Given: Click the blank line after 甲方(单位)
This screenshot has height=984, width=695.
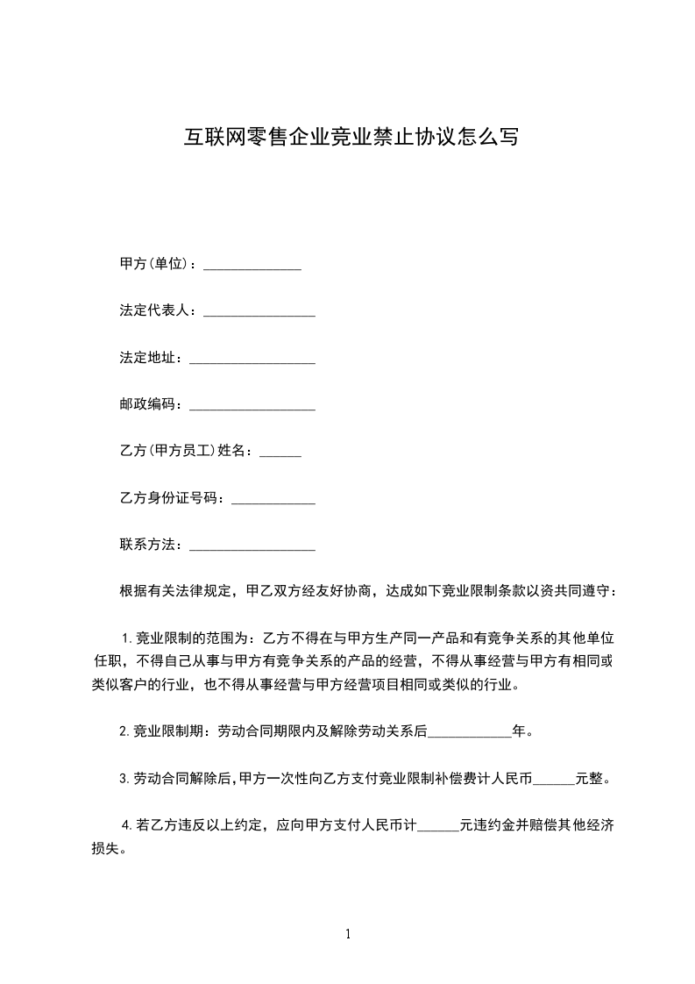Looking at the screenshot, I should [x=252, y=266].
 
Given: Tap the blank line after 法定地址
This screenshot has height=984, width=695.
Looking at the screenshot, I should [x=252, y=360].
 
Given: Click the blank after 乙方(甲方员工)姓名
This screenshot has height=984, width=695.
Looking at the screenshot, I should [x=281, y=453].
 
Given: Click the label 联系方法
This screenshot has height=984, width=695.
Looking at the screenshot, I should [x=152, y=545].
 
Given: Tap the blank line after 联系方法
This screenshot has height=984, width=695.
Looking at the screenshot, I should [x=252, y=547].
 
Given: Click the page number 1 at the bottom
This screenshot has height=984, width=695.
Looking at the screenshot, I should [x=348, y=934].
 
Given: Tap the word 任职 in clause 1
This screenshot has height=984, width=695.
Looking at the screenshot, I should [x=109, y=660].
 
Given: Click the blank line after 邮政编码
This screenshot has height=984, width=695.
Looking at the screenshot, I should [x=252, y=407].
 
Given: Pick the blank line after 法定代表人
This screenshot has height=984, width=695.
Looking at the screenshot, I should [x=259, y=313].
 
